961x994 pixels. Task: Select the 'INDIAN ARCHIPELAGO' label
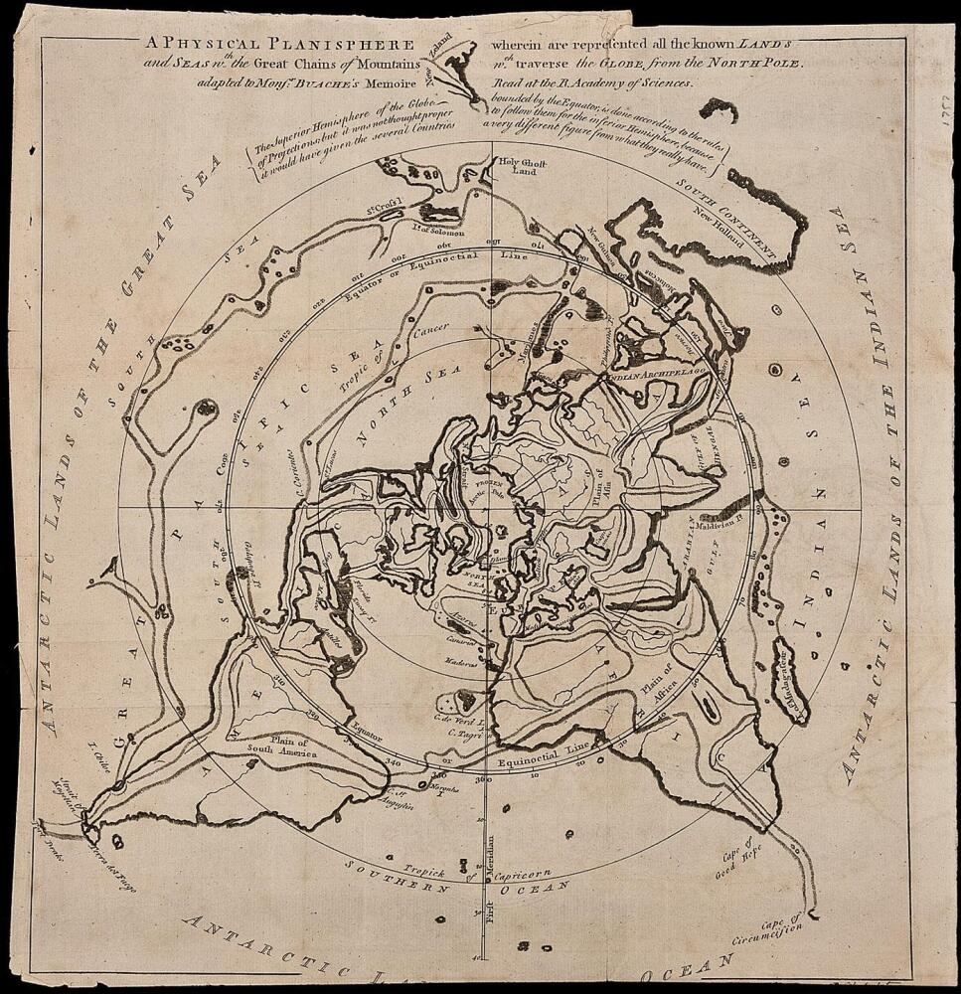655,375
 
